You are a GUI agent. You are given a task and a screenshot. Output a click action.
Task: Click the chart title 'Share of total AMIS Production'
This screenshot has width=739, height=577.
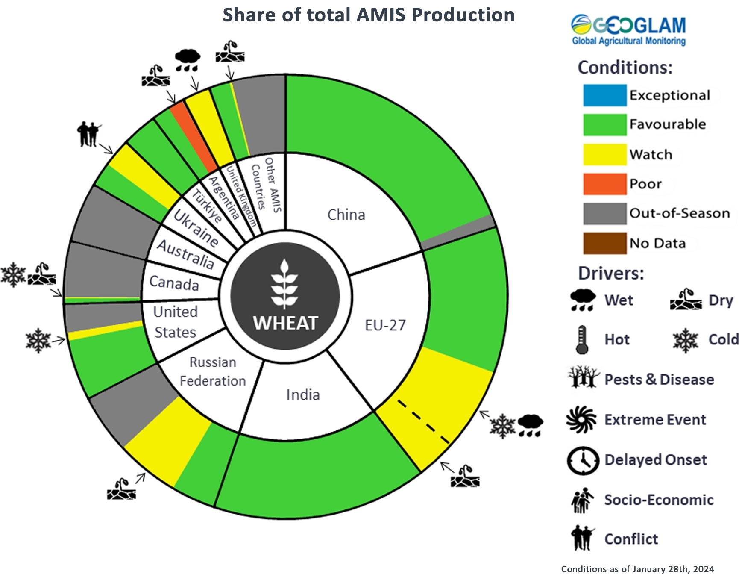pyautogui.click(x=368, y=15)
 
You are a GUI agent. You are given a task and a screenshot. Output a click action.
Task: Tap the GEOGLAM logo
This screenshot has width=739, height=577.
pyautogui.click(x=628, y=30)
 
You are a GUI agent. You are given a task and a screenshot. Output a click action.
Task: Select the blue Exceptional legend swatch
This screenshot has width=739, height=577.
pyautogui.click(x=604, y=95)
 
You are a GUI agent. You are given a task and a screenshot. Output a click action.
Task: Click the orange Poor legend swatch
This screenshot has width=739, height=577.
pyautogui.click(x=604, y=184)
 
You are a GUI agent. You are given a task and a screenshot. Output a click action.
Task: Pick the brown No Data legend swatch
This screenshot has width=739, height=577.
pyautogui.click(x=604, y=243)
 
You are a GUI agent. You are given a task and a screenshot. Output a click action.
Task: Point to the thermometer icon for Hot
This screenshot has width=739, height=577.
pyautogui.click(x=582, y=340)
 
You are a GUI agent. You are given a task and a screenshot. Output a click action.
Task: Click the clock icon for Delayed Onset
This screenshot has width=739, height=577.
pyautogui.click(x=583, y=460)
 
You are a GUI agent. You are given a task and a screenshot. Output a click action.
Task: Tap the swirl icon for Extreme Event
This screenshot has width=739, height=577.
pyautogui.click(x=581, y=420)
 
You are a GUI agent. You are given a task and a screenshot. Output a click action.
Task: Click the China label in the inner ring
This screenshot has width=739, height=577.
pyautogui.click(x=346, y=215)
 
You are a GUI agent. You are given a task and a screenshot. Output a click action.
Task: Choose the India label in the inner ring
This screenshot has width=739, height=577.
pyautogui.click(x=303, y=394)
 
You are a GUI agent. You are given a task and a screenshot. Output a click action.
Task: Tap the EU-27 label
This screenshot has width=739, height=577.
pyautogui.click(x=385, y=325)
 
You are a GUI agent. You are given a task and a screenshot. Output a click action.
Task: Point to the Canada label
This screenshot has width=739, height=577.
pyautogui.click(x=174, y=283)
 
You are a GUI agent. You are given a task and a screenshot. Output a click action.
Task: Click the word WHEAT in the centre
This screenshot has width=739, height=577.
pyautogui.click(x=285, y=323)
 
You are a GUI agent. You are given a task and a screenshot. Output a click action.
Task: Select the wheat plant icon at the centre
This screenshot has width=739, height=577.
pyautogui.click(x=284, y=284)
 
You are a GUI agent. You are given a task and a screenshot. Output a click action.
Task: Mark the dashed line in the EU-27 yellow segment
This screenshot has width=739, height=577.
pyautogui.click(x=423, y=421)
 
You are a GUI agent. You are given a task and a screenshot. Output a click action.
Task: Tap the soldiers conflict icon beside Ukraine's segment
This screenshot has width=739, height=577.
pyautogui.click(x=89, y=134)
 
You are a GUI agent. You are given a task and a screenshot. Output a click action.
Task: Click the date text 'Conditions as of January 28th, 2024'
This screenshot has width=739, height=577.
pyautogui.click(x=637, y=569)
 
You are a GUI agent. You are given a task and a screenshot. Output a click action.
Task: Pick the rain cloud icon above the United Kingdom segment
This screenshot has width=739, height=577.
pyautogui.click(x=188, y=60)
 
